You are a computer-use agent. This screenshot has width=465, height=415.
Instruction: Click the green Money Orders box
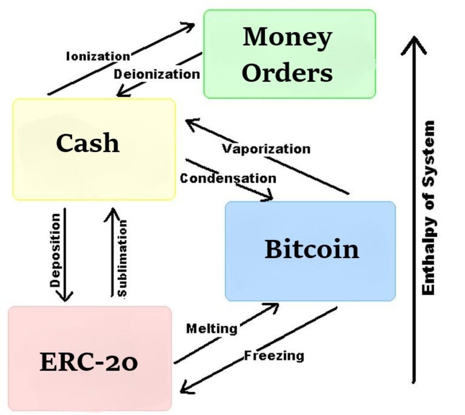289,54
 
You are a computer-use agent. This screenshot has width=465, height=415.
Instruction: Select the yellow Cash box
94,149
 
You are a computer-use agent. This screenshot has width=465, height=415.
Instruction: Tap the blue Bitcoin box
311,251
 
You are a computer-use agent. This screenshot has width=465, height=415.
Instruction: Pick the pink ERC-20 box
89,359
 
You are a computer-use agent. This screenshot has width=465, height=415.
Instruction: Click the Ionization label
98,56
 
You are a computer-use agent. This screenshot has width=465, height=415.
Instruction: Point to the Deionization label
157,74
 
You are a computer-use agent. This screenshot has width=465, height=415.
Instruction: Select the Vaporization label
266,148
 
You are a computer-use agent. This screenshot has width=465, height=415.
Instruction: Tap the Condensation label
228,178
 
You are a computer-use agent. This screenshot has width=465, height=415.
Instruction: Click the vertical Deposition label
55,250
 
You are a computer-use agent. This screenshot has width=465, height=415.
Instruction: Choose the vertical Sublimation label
122,257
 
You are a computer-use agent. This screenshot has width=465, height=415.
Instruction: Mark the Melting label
212,328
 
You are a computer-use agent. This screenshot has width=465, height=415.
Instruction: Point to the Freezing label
274,355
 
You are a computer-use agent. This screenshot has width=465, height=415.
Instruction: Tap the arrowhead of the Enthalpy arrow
413,43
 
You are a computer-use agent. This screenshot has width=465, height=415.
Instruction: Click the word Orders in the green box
287,73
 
